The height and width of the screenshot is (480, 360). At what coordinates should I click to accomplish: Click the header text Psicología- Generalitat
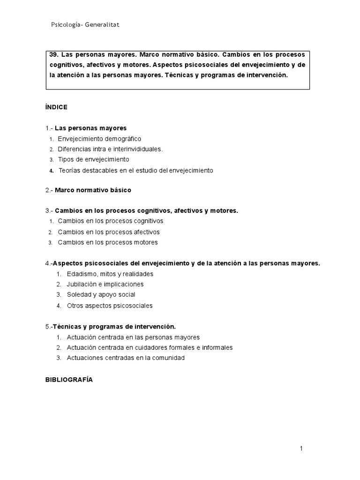85,25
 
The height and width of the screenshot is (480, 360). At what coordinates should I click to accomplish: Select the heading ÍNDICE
56,107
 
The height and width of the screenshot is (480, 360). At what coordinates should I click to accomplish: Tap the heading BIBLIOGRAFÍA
69,380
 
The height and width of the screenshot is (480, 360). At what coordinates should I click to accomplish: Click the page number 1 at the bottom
301,449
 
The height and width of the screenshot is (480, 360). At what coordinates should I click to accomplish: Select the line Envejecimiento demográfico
99,139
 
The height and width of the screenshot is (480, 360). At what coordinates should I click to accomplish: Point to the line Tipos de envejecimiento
93,159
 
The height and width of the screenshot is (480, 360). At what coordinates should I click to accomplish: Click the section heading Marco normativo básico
93,190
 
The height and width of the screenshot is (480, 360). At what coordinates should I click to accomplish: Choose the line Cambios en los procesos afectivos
109,232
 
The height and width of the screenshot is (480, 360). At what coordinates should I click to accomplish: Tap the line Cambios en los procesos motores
108,242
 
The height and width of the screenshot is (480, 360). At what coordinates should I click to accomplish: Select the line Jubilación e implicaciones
105,284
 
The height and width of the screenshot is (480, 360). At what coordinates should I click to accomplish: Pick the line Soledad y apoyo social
101,294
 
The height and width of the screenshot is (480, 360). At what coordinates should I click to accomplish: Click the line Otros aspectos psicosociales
110,306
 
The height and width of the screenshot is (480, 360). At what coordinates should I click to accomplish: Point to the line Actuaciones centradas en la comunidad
126,358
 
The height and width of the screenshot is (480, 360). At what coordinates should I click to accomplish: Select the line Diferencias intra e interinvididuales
110,149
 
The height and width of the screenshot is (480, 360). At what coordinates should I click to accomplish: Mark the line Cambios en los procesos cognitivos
111,221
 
